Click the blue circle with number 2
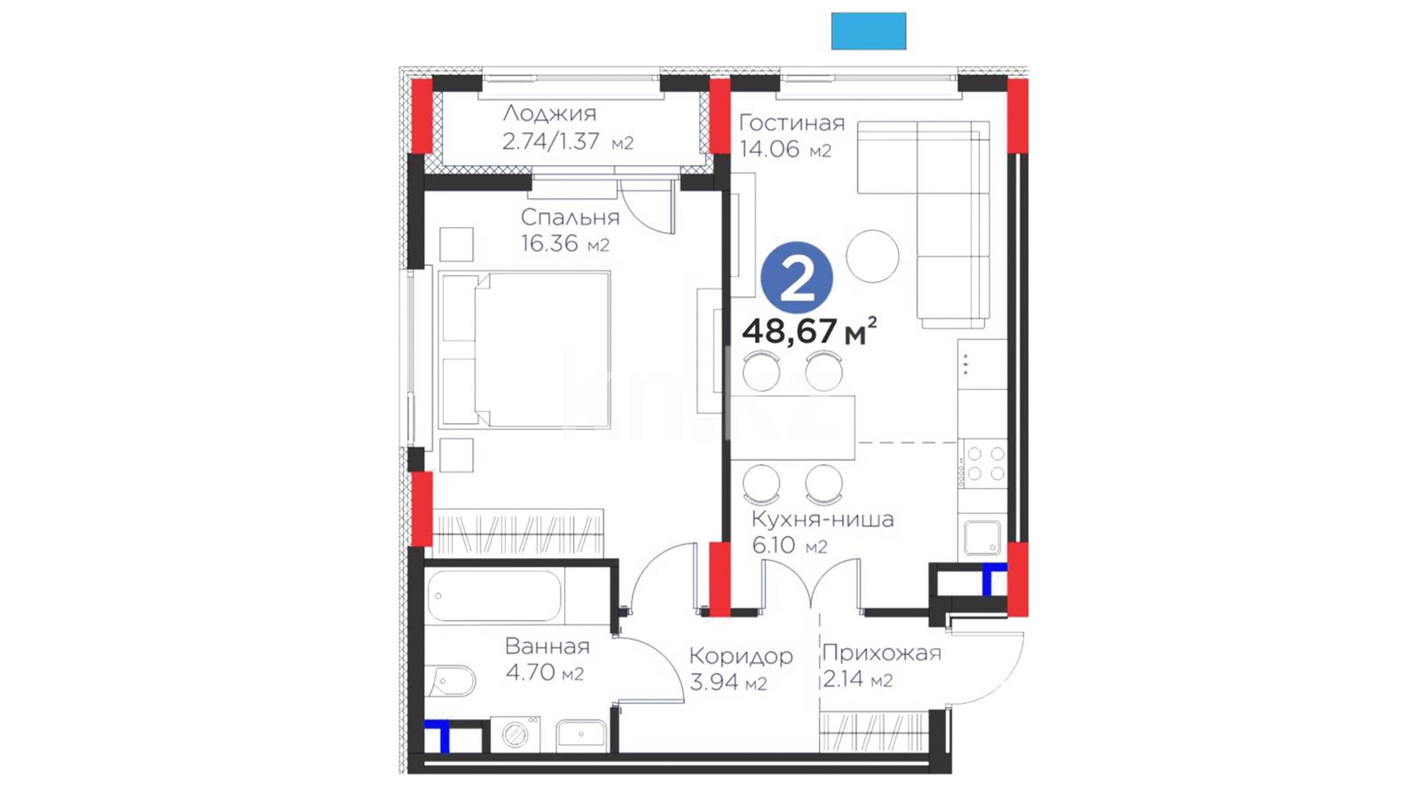point(796,278)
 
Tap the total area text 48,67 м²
point(809,331)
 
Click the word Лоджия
point(550,114)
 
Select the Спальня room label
point(570,217)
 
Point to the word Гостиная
point(792,123)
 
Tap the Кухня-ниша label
point(823,519)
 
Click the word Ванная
point(547,646)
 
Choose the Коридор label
point(741,657)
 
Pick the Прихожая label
point(882,653)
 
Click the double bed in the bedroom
point(524,350)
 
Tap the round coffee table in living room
point(872,256)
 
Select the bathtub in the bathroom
point(495,596)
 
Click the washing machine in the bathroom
point(515,734)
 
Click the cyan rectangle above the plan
point(869,31)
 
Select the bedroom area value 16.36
point(550,243)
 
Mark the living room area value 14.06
point(769,149)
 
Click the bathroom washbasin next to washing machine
point(581,736)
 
